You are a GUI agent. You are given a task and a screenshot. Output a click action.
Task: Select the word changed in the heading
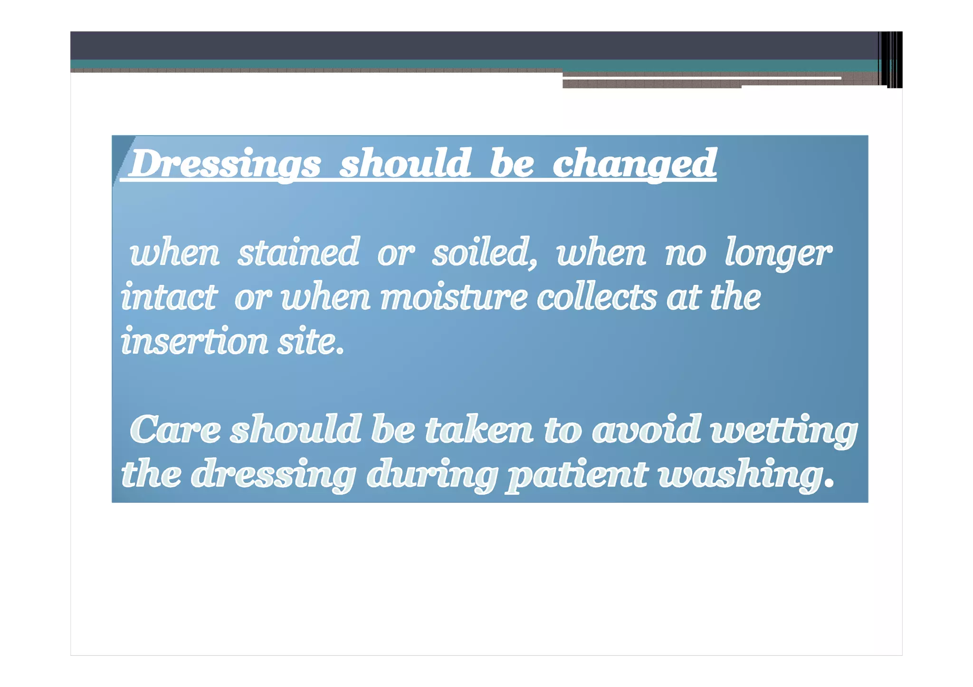pyautogui.click(x=634, y=164)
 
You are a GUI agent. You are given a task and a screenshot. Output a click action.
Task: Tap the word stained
pyautogui.click(x=298, y=252)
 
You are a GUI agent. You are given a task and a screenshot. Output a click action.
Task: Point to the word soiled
pyautogui.click(x=483, y=252)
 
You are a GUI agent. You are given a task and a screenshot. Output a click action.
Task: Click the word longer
pyautogui.click(x=778, y=253)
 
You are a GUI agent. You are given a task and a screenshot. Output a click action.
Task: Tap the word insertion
pyautogui.click(x=194, y=341)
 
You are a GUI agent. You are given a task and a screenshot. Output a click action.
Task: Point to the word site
pyautogui.click(x=310, y=341)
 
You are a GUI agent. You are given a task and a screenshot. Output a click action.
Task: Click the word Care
pyautogui.click(x=175, y=430)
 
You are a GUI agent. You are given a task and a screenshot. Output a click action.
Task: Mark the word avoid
pyautogui.click(x=647, y=430)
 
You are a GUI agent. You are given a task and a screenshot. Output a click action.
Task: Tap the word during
pyautogui.click(x=432, y=475)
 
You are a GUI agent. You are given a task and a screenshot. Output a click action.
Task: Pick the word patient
pyautogui.click(x=576, y=475)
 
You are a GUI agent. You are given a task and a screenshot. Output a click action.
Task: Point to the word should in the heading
pyautogui.click(x=405, y=164)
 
